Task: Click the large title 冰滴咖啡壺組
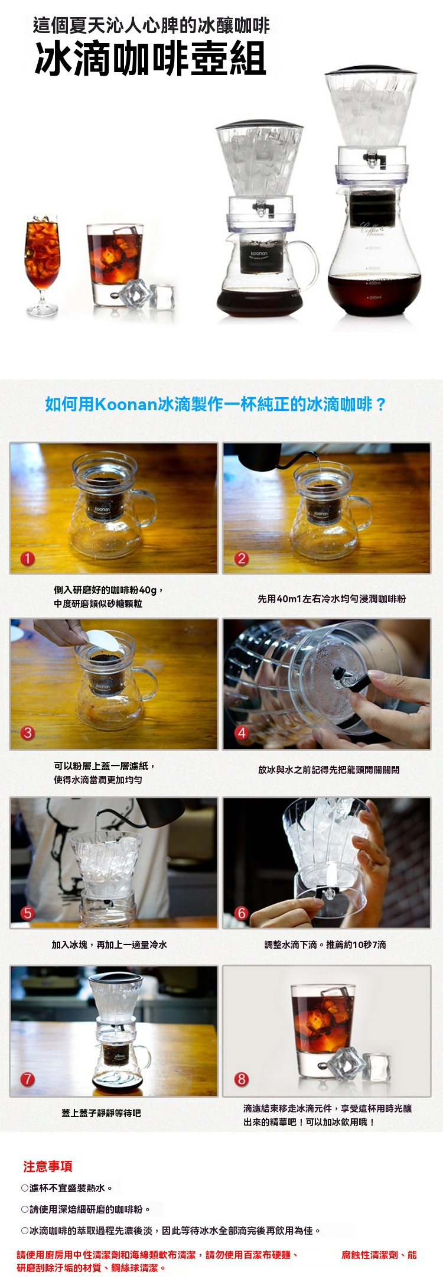point(151,59)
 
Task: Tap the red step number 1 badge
point(28,559)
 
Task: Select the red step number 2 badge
point(241,559)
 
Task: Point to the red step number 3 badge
point(28,733)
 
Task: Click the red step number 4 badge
point(241,733)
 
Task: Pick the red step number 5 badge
point(28,913)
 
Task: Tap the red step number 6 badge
point(241,913)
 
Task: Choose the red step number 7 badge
point(28,1079)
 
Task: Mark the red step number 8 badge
point(241,1079)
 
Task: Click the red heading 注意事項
point(48,1166)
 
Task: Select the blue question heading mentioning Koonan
point(216,404)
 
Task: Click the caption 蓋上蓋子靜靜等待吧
point(101,1113)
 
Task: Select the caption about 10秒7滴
point(325,945)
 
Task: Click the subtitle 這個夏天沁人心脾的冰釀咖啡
point(151,25)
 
